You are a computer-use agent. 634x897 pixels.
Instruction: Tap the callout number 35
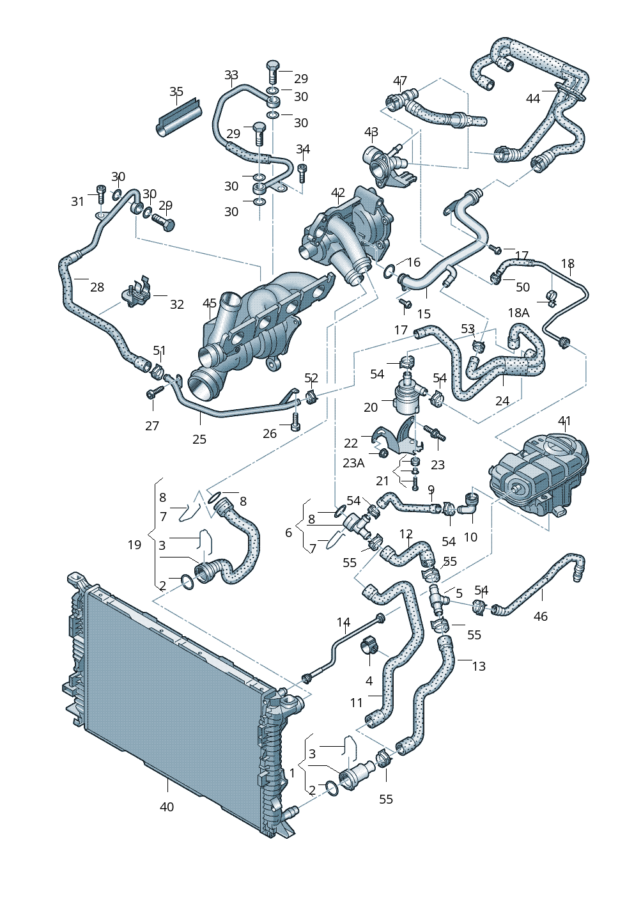pos(176,91)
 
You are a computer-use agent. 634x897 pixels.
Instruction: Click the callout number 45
pos(210,303)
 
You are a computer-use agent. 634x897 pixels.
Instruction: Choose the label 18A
pos(518,313)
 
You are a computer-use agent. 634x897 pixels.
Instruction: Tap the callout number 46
pos(541,616)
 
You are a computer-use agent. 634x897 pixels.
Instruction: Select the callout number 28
pos(97,287)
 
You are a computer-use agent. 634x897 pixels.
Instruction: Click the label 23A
pos(353,463)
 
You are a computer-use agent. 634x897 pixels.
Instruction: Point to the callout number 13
pos(479,666)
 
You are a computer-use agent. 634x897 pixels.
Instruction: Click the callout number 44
pos(533,98)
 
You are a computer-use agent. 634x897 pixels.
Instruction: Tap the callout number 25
pos(199,439)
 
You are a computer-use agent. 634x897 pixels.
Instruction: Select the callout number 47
pos(400,81)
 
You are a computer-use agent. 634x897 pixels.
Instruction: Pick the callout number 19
pos(134,545)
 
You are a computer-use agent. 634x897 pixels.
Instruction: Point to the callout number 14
pos(344,622)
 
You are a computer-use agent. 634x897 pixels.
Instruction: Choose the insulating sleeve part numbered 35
pos(179,119)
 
